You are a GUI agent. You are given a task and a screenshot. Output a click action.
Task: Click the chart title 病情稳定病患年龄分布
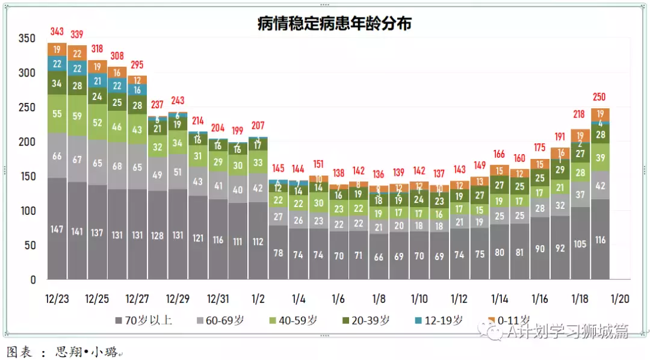[x=334, y=23]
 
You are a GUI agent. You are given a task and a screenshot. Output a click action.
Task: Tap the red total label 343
[x=57, y=31]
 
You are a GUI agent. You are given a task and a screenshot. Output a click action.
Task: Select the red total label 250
[x=600, y=97]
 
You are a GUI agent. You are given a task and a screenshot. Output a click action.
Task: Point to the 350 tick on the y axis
[x=27, y=39]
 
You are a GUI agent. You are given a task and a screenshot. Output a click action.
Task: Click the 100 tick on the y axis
[x=27, y=211]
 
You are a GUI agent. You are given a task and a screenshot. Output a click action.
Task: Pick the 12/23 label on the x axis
[x=57, y=299]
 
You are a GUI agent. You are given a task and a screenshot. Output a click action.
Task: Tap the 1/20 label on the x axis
[x=620, y=299]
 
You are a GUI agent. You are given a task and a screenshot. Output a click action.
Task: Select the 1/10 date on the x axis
[x=419, y=299]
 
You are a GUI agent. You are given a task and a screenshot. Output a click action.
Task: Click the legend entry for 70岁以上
[x=143, y=320]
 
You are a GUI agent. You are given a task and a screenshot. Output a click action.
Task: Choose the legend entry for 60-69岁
[x=223, y=320]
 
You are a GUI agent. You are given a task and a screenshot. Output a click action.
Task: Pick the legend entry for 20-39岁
[x=367, y=320]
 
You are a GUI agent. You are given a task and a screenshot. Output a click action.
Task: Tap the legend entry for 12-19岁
[x=441, y=320]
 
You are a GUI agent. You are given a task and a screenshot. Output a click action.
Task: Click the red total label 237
[x=158, y=105]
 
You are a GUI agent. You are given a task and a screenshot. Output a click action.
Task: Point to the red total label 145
[x=278, y=168]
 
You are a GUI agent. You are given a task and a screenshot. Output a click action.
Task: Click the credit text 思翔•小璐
[x=84, y=351]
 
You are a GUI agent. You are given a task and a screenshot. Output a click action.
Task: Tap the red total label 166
[x=499, y=155]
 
